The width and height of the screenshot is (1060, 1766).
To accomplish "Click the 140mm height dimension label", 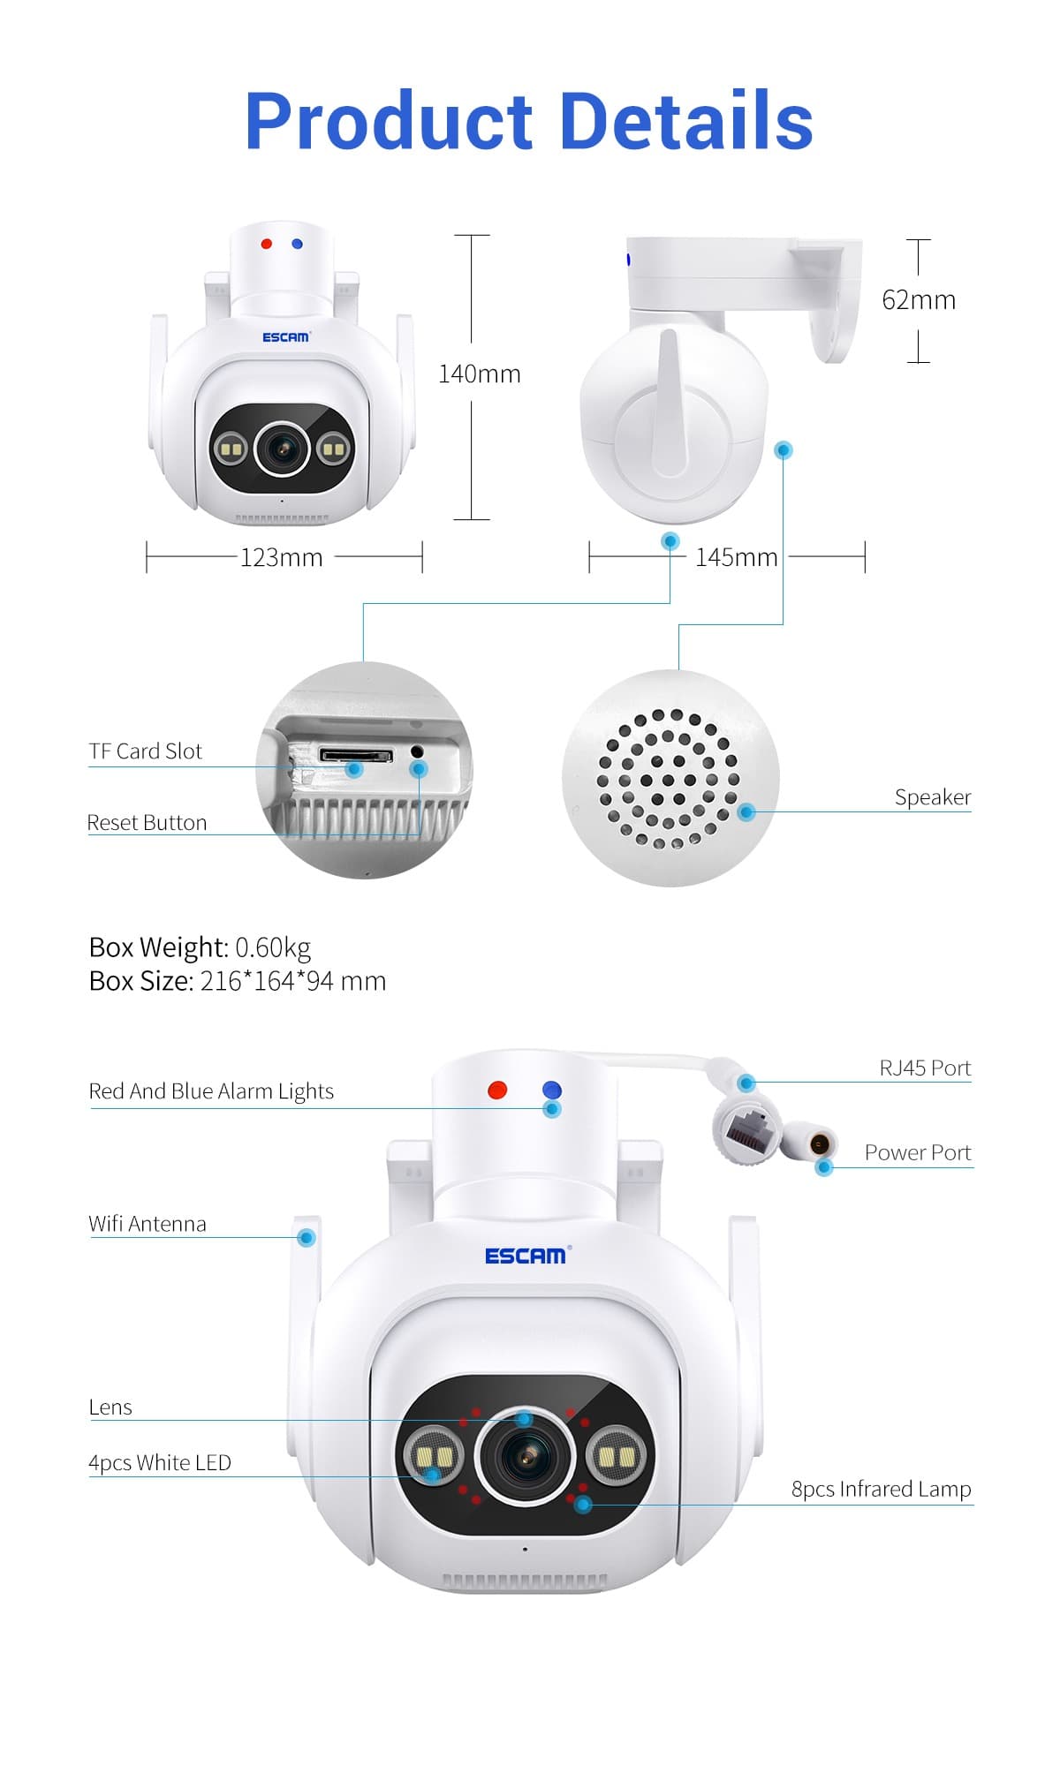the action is tap(480, 374).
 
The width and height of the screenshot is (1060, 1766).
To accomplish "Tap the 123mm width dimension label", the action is tap(282, 557).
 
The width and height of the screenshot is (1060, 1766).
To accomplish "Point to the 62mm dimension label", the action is tap(919, 299).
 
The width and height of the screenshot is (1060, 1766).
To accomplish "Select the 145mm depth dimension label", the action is tap(737, 557).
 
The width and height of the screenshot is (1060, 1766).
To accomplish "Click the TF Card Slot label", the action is tap(146, 751).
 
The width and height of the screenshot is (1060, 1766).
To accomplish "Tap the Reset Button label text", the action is tap(147, 822).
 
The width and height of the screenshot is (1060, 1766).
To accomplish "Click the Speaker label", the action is tap(933, 797).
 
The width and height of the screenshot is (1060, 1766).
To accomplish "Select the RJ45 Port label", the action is tap(925, 1068).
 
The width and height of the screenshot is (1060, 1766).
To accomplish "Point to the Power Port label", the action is tap(918, 1152).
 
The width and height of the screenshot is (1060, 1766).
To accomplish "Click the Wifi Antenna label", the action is tap(148, 1224).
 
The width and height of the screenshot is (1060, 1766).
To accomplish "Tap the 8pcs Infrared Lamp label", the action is tap(882, 1489).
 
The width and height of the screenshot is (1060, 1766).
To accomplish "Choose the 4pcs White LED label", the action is tap(160, 1462).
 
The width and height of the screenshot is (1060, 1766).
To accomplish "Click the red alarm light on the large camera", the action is tap(497, 1090).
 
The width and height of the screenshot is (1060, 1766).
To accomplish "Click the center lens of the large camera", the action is tap(526, 1455).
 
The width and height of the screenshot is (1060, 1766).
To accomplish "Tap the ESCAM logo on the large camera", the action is tap(527, 1255).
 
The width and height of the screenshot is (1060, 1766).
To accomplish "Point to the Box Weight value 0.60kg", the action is tap(273, 947).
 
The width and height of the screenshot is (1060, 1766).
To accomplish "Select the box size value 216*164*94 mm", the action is tap(293, 981).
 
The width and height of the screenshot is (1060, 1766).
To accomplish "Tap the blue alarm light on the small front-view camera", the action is tap(297, 244).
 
